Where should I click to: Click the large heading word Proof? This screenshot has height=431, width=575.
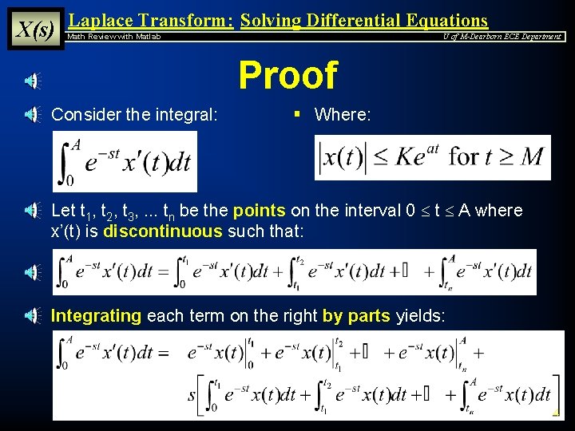[x=287, y=77]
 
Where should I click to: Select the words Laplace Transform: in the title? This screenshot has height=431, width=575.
[x=151, y=21]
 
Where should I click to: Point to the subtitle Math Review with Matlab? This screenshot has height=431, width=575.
[x=113, y=37]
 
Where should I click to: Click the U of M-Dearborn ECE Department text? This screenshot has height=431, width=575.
[x=502, y=37]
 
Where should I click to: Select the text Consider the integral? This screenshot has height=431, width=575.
[x=134, y=115]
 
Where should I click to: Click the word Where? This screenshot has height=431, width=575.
[x=343, y=115]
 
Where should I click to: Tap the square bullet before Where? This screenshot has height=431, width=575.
[x=296, y=114]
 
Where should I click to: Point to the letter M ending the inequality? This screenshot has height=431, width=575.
[x=531, y=157]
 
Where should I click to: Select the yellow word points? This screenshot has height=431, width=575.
[x=259, y=211]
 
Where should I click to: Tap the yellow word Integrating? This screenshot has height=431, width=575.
[x=96, y=316]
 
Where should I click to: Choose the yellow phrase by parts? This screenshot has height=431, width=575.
[x=356, y=316]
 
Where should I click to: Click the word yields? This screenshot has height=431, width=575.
[x=421, y=316]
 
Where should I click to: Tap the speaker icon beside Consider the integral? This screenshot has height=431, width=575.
[x=30, y=116]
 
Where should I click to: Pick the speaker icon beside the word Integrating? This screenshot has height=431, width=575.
[x=30, y=316]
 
